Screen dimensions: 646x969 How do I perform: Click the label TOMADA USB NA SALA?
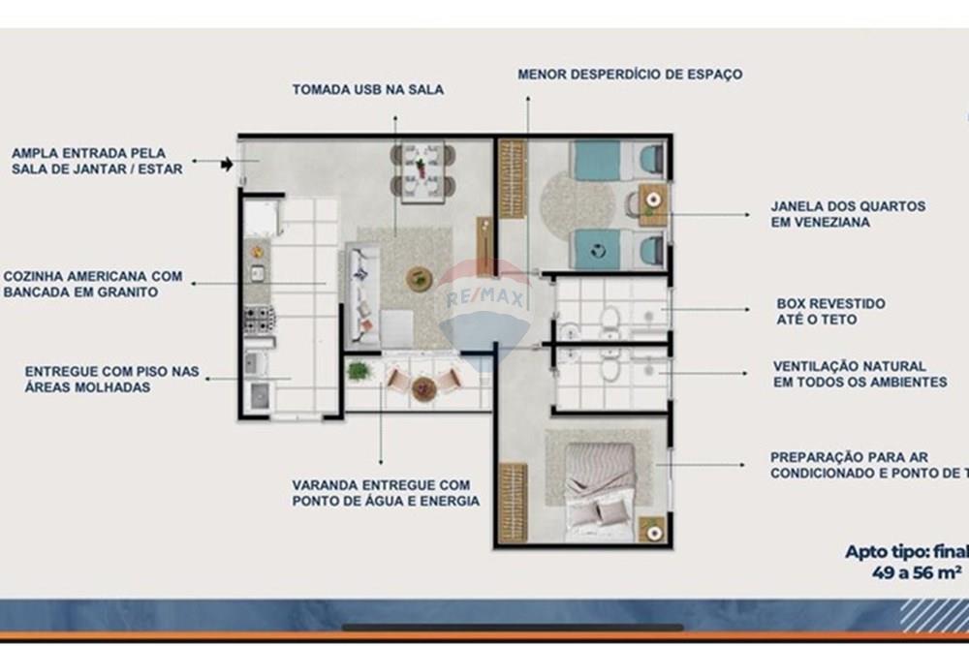point(368,90)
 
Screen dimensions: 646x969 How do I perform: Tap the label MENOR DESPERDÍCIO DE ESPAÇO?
point(630,74)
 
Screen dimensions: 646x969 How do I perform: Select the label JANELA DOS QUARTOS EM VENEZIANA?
point(848,214)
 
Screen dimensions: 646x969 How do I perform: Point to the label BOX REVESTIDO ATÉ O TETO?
point(830,311)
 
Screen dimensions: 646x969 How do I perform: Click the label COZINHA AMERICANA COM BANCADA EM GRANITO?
point(93,284)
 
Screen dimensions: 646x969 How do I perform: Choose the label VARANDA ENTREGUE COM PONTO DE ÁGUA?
point(386,492)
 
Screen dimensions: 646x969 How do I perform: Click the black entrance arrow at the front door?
point(227,165)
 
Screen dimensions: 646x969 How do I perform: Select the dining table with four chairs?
point(422,172)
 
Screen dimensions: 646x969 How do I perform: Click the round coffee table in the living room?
point(420,279)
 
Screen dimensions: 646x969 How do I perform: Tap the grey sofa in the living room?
point(363,295)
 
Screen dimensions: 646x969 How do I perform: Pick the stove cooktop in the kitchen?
point(259,319)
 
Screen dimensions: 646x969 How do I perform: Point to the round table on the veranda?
point(423,388)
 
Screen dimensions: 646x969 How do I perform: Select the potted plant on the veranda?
point(359,370)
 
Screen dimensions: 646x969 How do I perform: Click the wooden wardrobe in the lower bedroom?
point(512,502)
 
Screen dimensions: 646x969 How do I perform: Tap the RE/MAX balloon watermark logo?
point(484,305)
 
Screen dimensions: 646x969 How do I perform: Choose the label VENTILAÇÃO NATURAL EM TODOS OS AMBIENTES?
point(860,374)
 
